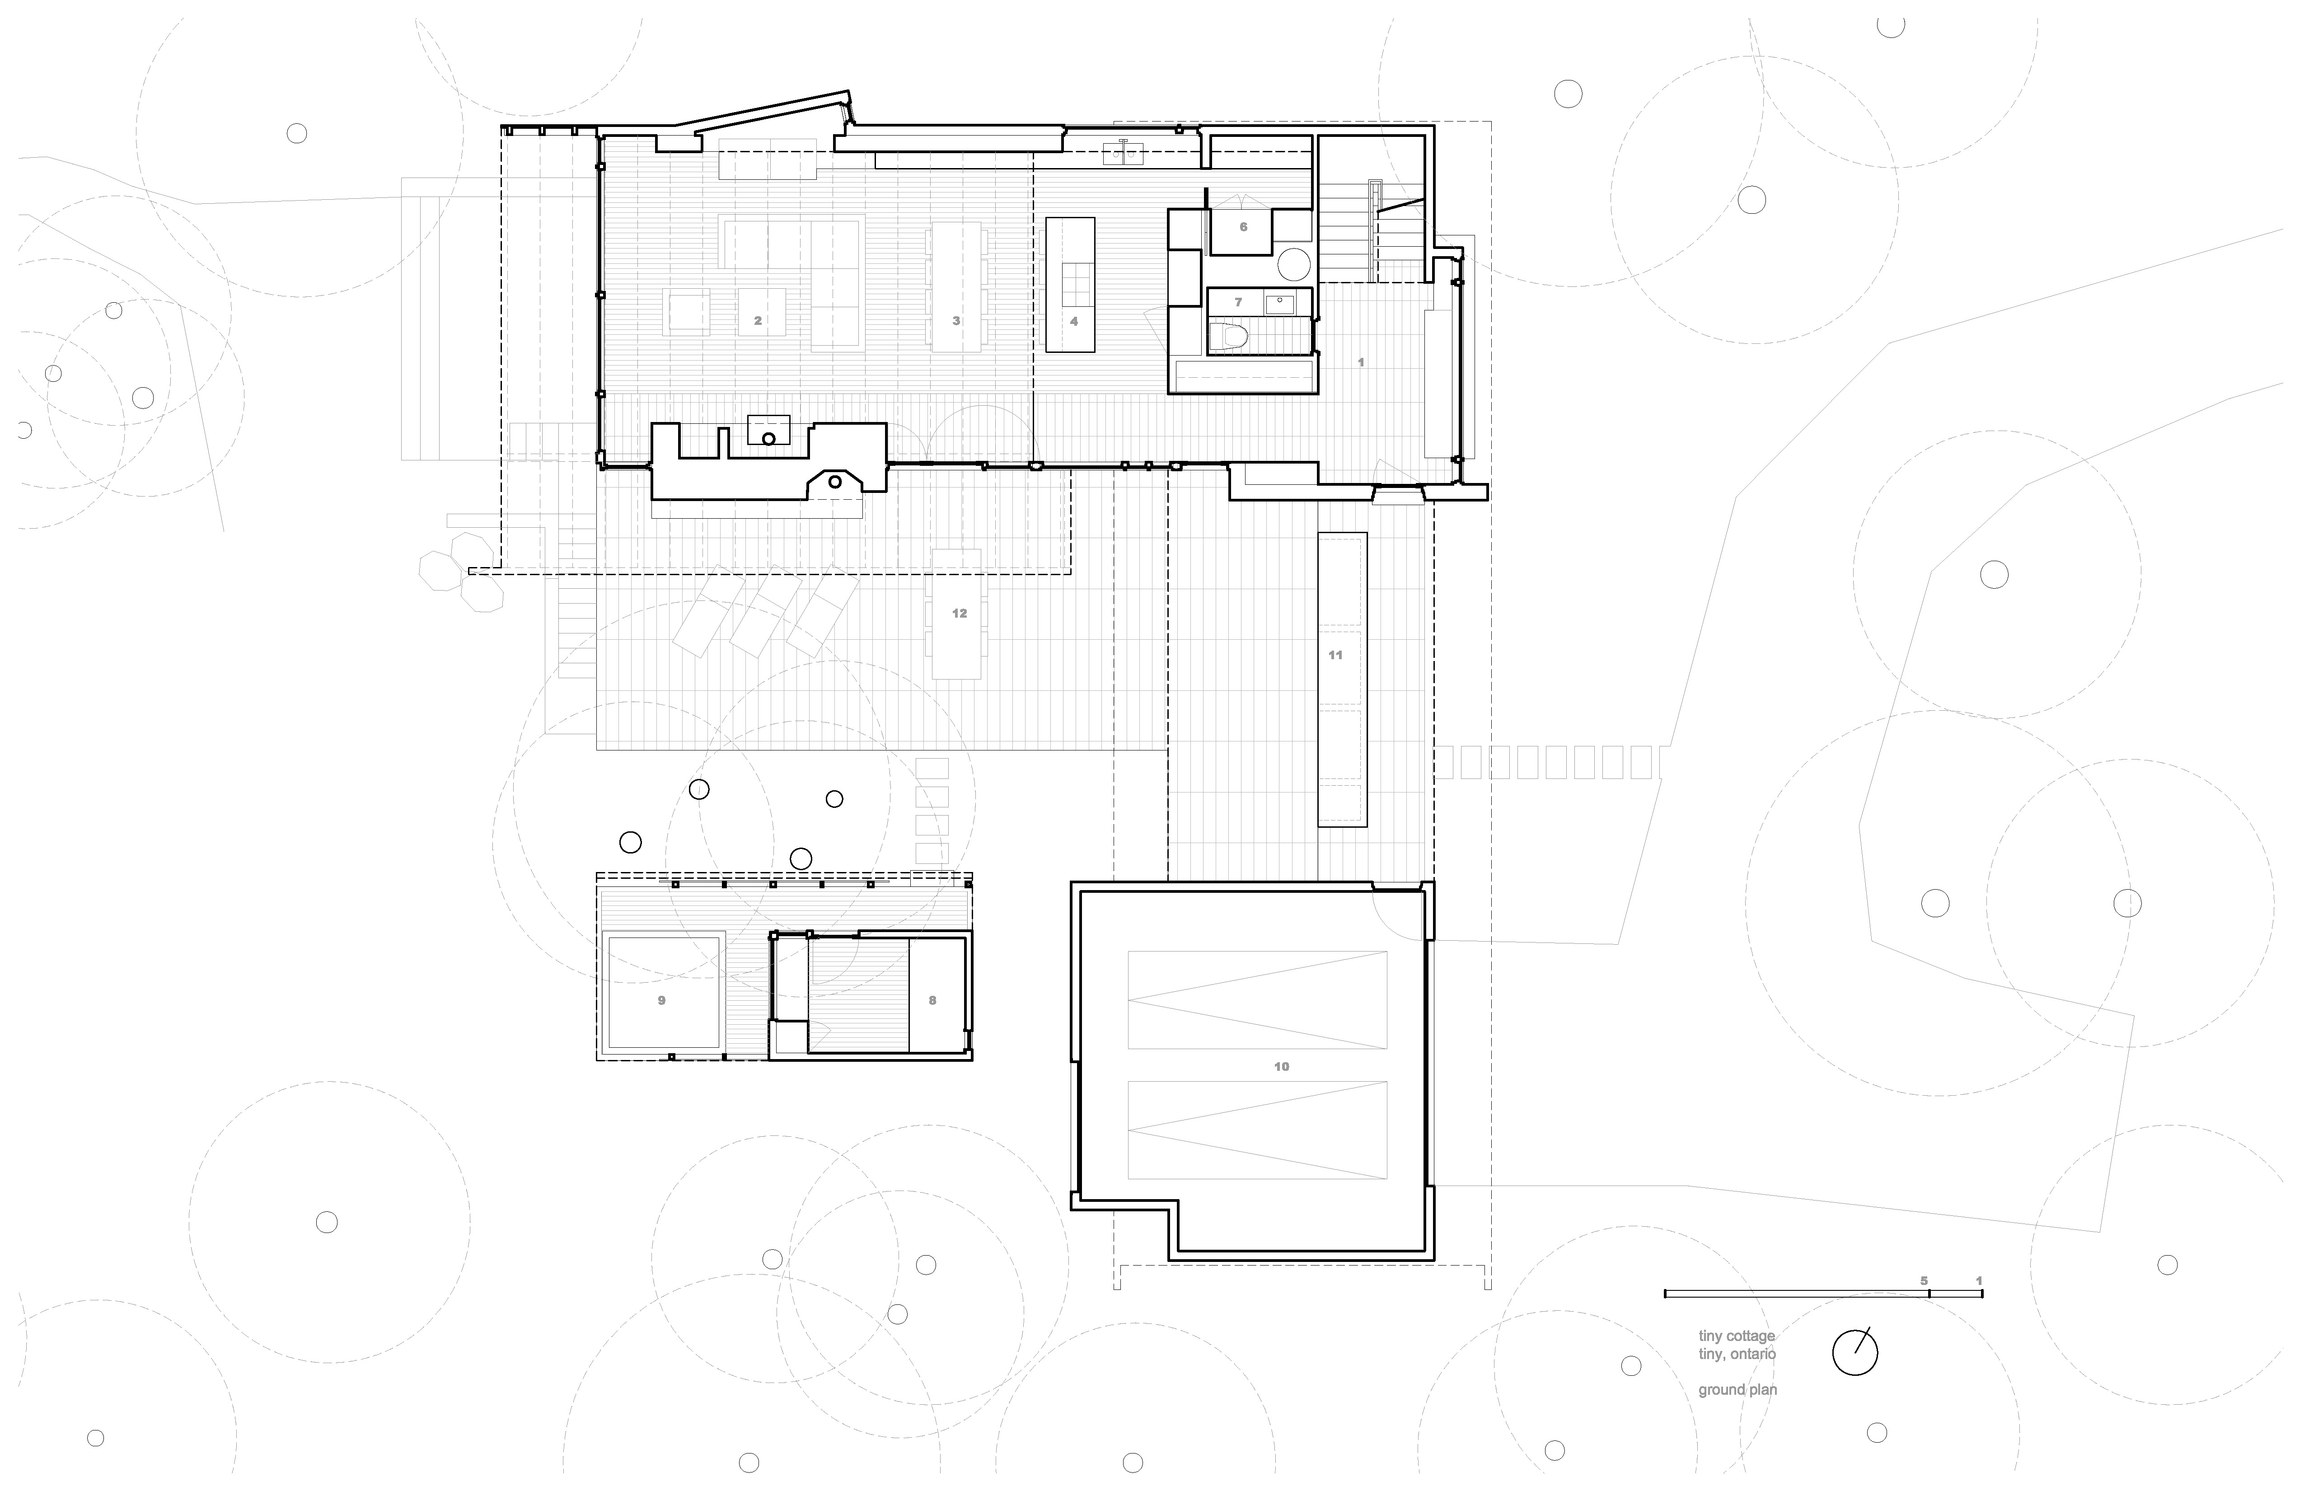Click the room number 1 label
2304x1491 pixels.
[1361, 362]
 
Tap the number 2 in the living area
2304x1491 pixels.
[758, 320]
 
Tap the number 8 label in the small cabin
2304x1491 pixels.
[932, 1000]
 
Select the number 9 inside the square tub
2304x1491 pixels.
[662, 1000]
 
